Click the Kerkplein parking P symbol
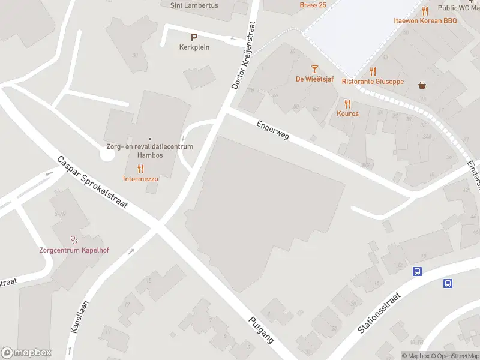[x=194, y=37]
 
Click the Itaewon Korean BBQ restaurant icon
[x=425, y=11]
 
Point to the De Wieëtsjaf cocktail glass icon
[x=314, y=70]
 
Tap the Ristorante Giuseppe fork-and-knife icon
[x=373, y=71]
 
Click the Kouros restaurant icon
[x=347, y=104]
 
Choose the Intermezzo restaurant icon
[x=141, y=169]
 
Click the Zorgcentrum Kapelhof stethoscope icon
[x=74, y=240]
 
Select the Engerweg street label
[x=273, y=129]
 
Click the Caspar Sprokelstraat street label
[x=92, y=182]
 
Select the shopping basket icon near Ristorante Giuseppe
[x=424, y=85]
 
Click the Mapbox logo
[x=26, y=352]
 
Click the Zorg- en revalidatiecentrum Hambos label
[x=150, y=151]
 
